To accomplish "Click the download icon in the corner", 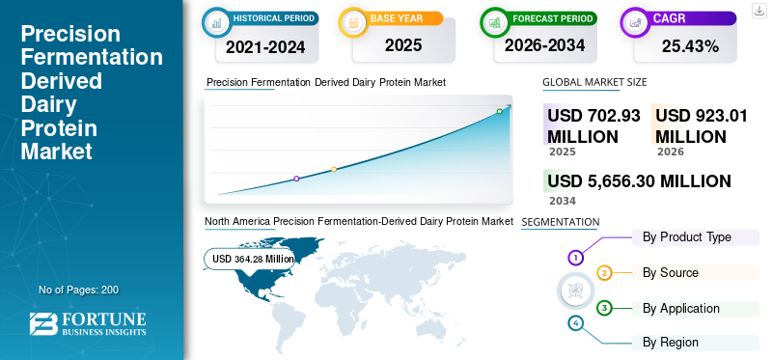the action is pos(758,11).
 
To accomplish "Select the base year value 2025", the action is pos(403,45).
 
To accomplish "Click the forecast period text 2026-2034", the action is pos(544,45).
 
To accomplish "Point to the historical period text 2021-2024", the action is pos(265,47).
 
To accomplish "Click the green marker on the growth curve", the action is pos(499,111).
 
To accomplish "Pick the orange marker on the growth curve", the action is pos(334,170).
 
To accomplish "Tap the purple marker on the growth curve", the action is pos(296,179).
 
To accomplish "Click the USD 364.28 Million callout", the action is pos(250,259).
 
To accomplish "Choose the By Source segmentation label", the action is pos(671,273).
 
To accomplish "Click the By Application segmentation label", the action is pos(681,309).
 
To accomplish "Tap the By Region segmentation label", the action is pos(671,343).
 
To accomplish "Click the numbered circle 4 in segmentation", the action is pos(575,323).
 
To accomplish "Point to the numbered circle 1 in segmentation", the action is pos(575,257).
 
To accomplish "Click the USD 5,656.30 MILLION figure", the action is pos(639,181).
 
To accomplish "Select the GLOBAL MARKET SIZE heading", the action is pos(594,82).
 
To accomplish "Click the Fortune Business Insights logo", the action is pos(88,323).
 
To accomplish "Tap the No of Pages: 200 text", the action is pos(79,290).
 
